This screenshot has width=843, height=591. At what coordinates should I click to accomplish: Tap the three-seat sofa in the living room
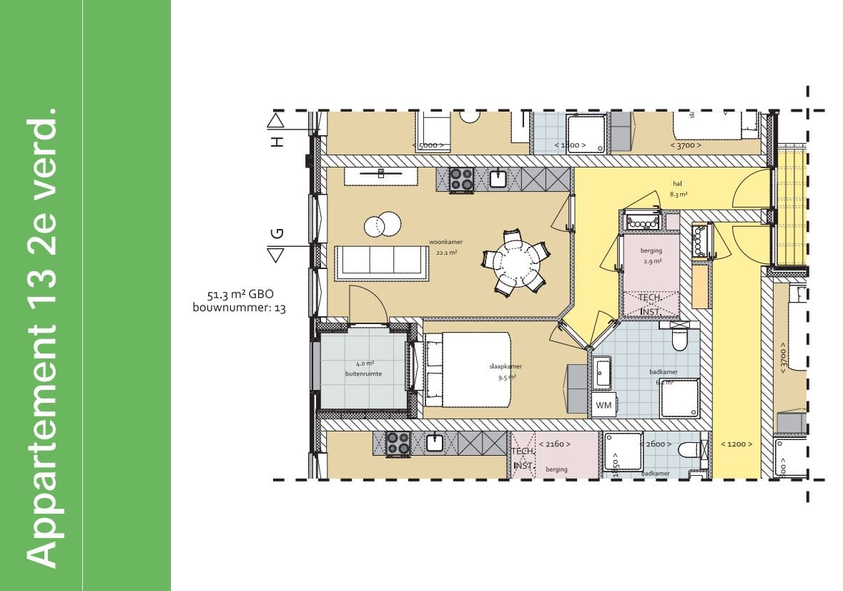(382, 263)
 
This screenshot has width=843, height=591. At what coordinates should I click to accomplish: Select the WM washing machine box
(603, 406)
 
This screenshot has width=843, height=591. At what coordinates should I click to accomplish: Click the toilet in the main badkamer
(679, 338)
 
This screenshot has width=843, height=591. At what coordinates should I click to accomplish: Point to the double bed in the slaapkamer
(468, 368)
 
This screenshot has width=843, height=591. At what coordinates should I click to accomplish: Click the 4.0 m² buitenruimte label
(363, 368)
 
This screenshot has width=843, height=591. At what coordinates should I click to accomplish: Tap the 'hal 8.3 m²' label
(679, 188)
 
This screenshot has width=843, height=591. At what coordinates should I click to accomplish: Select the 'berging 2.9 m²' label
(651, 255)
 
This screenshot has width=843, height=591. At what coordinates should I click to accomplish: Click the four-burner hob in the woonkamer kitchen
(461, 179)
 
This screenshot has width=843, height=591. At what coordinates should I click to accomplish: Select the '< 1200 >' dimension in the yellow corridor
(736, 444)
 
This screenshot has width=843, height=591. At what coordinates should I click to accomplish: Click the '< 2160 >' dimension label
(554, 444)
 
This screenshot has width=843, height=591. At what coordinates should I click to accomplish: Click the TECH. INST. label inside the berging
(649, 303)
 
